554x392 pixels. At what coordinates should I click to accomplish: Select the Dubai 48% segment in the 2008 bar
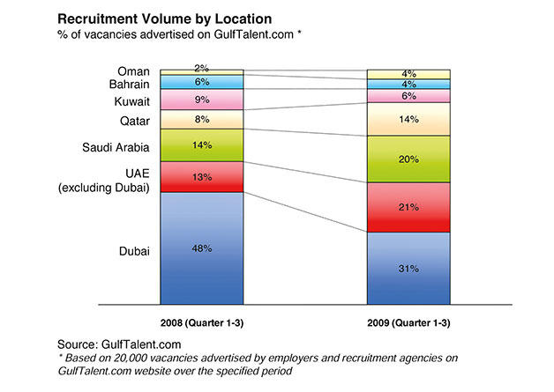click(x=202, y=248)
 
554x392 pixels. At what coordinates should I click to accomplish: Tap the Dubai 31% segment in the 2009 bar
click(x=408, y=269)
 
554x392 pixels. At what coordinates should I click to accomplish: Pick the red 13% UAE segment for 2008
click(x=202, y=176)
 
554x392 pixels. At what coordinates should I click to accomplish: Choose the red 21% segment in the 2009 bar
click(x=408, y=207)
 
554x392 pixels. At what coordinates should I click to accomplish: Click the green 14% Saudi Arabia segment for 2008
click(x=202, y=144)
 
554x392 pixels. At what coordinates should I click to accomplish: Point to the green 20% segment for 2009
click(x=408, y=159)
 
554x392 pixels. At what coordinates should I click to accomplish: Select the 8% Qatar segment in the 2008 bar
click(x=202, y=119)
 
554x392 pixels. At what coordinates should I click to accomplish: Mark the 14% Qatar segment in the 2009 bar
click(x=408, y=119)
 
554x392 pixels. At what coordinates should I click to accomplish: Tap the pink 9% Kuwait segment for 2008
click(x=202, y=99)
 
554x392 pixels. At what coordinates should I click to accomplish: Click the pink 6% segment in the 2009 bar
click(x=408, y=96)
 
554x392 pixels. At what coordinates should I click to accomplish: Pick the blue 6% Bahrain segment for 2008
click(x=202, y=80)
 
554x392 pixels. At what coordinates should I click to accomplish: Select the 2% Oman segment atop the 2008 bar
click(x=202, y=69)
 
